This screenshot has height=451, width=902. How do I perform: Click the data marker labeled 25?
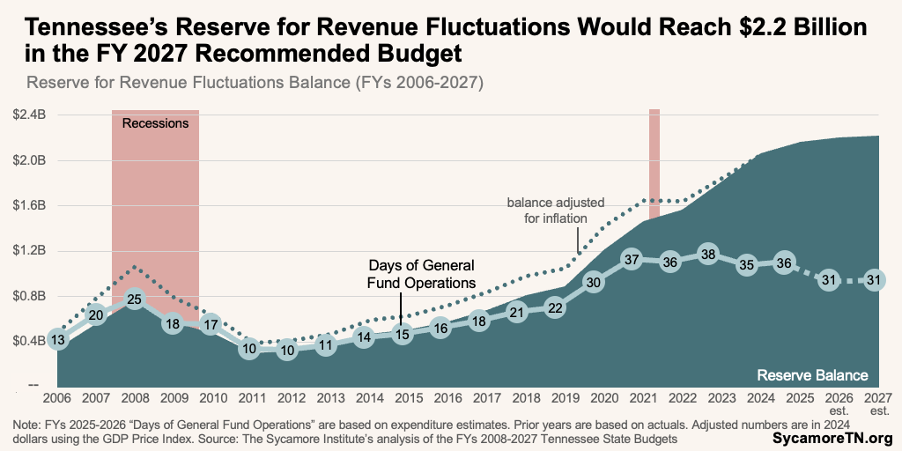(x=134, y=299)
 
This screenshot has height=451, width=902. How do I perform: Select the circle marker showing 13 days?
(x=57, y=340)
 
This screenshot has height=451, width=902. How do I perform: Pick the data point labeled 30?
(x=594, y=283)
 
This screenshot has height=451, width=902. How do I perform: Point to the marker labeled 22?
(x=555, y=308)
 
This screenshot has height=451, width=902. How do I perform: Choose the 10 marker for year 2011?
(x=249, y=349)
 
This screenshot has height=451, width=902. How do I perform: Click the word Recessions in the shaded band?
(x=155, y=123)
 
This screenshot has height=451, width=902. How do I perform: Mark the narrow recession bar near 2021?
(x=654, y=163)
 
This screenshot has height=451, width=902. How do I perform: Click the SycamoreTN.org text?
(x=832, y=438)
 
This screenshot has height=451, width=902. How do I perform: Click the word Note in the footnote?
(x=27, y=425)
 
